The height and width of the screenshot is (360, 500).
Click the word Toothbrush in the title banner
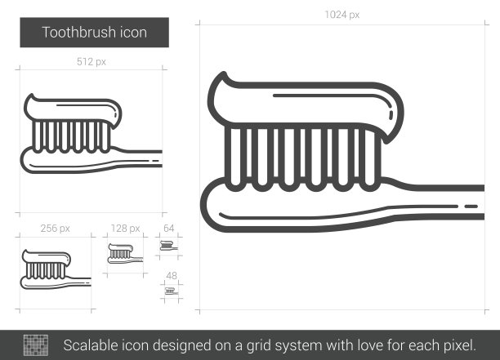[79, 33]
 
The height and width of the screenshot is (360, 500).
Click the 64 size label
[168, 228]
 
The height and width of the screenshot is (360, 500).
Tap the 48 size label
[172, 276]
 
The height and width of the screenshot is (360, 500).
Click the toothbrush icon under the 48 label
[172, 291]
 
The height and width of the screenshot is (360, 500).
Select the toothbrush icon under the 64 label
[168, 246]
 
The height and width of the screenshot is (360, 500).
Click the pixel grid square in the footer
[36, 345]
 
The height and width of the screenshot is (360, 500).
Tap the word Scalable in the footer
[90, 345]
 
